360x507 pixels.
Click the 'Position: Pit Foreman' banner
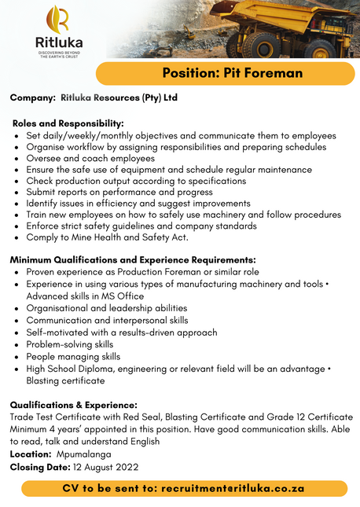[232, 73]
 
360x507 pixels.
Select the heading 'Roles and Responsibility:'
[68, 123]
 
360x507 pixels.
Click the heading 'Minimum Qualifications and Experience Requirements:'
[133, 259]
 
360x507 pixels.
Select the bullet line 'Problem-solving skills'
[70, 344]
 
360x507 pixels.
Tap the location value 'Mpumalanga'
[83, 454]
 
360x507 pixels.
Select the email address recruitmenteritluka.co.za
[232, 488]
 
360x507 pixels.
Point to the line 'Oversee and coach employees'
[90, 158]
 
